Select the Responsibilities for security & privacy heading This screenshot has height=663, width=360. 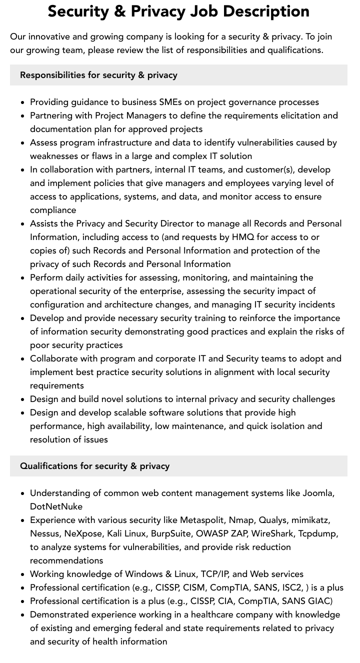pyautogui.click(x=98, y=75)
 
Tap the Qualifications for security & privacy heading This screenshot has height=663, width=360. pyautogui.click(x=94, y=466)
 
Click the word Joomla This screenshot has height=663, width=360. pyautogui.click(x=317, y=493)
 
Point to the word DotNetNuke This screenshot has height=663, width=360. pyautogui.click(x=56, y=506)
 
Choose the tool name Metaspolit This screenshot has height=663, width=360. pyautogui.click(x=203, y=520)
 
